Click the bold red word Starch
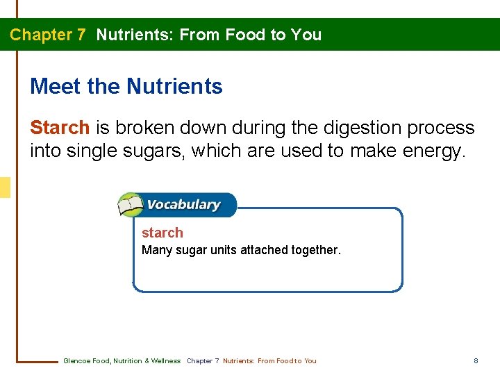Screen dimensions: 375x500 (60, 128)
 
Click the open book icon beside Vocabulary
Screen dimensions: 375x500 (130, 206)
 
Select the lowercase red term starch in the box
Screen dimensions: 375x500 (162, 233)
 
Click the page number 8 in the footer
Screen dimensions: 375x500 (476, 361)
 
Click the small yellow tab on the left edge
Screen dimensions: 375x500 (5, 187)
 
